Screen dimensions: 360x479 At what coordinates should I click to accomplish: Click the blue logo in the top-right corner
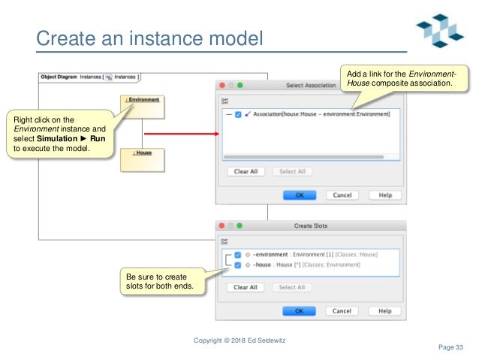coord(441,31)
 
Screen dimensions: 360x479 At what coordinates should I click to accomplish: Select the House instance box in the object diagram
coord(142,160)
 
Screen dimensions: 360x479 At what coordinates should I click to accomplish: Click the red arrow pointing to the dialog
coord(179,135)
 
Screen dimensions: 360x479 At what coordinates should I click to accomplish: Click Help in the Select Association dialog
coord(384,195)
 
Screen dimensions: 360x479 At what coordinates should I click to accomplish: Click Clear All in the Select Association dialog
coord(246,171)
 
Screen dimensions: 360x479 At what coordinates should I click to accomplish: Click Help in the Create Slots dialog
coord(384,310)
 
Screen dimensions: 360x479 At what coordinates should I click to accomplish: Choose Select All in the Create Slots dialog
coord(292,287)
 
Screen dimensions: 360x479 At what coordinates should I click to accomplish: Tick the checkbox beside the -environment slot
coord(238,254)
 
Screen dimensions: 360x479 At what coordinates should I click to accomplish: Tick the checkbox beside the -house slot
coord(238,265)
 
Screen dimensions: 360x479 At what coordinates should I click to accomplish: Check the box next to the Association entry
coord(238,114)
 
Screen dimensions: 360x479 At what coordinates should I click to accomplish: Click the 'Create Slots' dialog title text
coord(310,225)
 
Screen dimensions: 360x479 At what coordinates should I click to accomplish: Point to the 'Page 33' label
coord(450,346)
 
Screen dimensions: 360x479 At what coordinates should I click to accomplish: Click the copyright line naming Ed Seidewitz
coord(239,340)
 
